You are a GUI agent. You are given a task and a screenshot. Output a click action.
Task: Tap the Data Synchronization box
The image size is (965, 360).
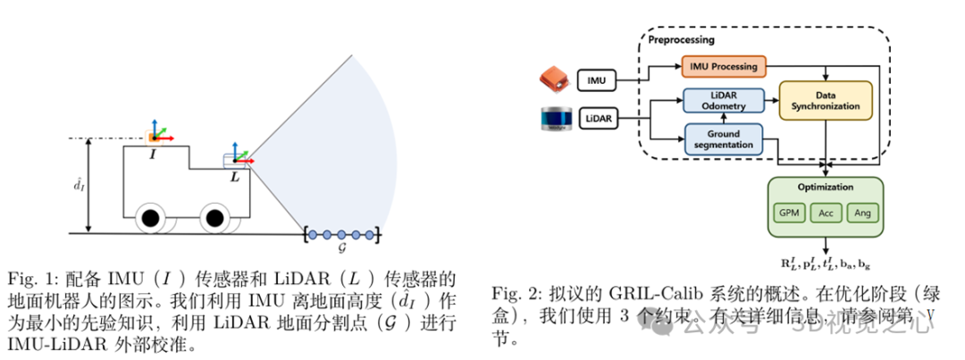(x=825, y=100)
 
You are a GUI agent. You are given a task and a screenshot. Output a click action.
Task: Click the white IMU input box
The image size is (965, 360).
(x=597, y=80)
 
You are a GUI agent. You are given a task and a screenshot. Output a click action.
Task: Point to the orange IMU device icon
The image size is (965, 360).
(x=555, y=79)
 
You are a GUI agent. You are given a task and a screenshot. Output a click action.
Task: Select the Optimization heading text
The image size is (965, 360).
(x=825, y=188)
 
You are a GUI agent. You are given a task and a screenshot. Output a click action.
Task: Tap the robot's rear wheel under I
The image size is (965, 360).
(x=150, y=217)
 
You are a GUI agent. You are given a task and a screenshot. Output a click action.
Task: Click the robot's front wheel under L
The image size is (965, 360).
(x=213, y=217)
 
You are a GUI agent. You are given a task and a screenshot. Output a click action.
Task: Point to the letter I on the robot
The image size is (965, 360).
(x=155, y=155)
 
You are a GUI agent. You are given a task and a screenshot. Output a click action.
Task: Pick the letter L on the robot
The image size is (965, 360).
(x=235, y=178)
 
